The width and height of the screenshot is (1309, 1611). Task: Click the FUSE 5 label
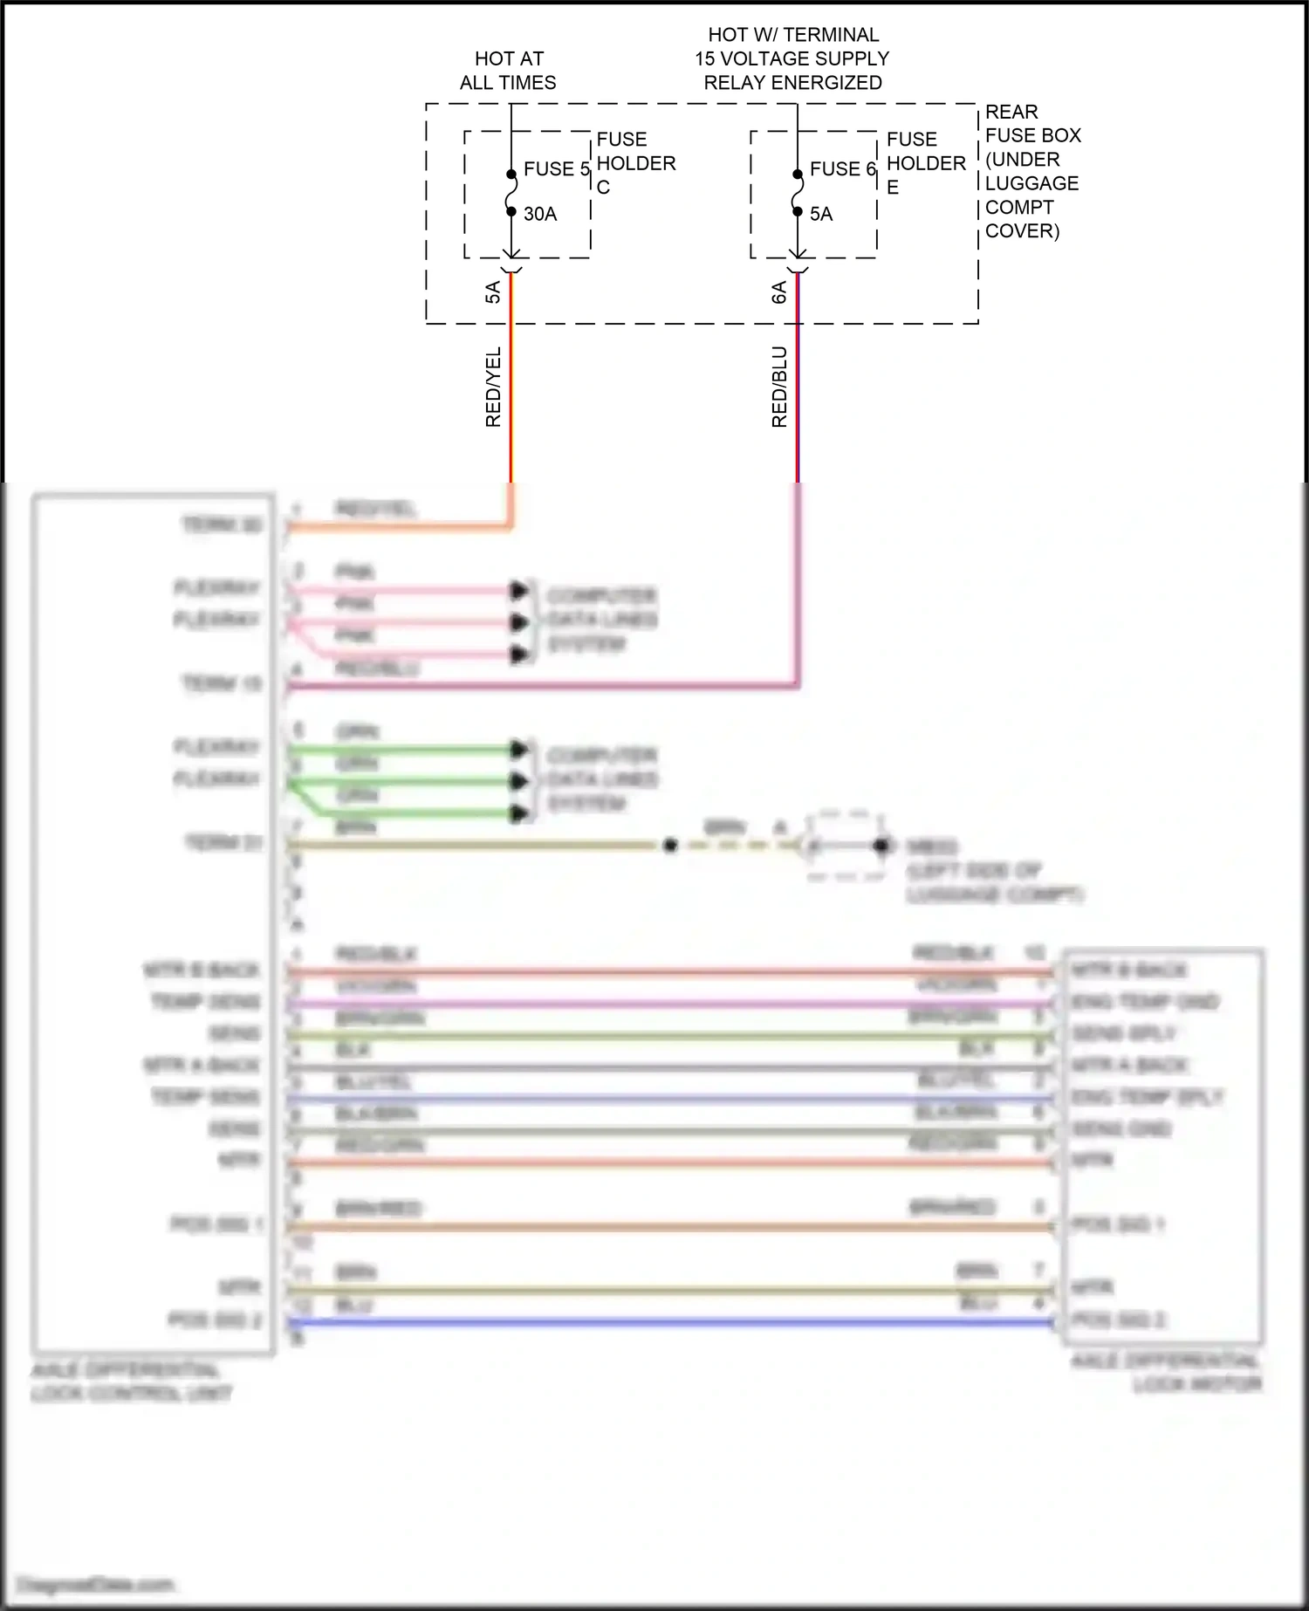(x=556, y=168)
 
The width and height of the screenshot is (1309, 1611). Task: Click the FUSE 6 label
(x=842, y=168)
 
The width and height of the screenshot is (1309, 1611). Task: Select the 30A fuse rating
(x=540, y=214)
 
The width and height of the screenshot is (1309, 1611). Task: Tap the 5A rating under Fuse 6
(x=821, y=214)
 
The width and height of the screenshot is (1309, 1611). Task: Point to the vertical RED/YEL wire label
(x=493, y=387)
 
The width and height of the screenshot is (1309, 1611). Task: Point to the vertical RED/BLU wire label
(x=779, y=387)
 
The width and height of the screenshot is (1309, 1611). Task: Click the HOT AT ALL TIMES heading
(x=508, y=71)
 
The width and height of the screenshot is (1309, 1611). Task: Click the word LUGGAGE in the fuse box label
(x=1032, y=183)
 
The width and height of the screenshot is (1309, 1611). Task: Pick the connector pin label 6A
(x=779, y=292)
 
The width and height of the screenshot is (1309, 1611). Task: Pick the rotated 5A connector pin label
(x=493, y=292)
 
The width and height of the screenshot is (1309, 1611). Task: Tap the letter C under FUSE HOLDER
(x=603, y=188)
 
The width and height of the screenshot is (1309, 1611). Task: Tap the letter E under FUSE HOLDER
(x=893, y=188)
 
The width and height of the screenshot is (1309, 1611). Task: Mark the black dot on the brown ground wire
(x=670, y=846)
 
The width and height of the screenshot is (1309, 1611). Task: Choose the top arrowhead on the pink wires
(x=520, y=591)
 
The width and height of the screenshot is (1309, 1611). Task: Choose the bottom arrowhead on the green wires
(x=520, y=814)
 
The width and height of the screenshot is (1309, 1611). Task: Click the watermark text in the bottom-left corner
(x=95, y=1584)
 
